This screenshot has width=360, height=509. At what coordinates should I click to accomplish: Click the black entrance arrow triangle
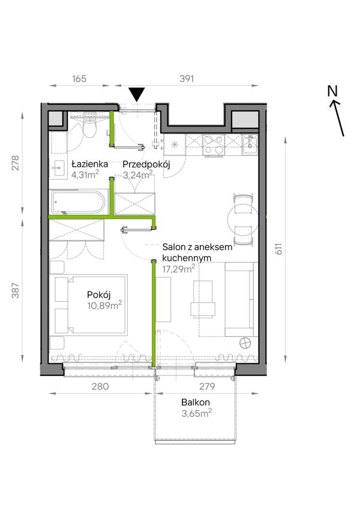pos(137,95)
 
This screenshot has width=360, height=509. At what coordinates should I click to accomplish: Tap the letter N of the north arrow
pos(332,91)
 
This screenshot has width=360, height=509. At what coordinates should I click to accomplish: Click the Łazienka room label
pos(89,164)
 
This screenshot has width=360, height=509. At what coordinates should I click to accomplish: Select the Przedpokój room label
pos(146,164)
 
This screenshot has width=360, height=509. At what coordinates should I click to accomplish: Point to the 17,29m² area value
pos(179,269)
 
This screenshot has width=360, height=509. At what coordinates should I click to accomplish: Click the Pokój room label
pos(99,295)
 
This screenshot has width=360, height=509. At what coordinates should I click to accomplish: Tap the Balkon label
pos(196,402)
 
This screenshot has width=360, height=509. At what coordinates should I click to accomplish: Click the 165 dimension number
pos(79,79)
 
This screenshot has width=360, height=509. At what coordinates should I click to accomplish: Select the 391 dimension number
pos(187,79)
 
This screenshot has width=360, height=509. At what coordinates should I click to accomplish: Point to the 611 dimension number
pos(279,248)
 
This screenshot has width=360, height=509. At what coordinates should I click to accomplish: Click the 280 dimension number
pos(100,386)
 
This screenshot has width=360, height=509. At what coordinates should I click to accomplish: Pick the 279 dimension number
pos(207,386)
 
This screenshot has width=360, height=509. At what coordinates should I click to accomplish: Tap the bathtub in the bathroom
pos(77,203)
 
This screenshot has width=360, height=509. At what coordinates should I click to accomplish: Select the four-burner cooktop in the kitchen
pos(214,144)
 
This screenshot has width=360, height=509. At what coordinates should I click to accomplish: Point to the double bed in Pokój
pos(91,304)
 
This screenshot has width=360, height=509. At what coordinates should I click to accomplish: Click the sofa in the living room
pos(240,299)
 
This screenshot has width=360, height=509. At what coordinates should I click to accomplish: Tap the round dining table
pos(243,219)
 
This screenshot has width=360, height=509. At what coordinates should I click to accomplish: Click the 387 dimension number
pos(16,291)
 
